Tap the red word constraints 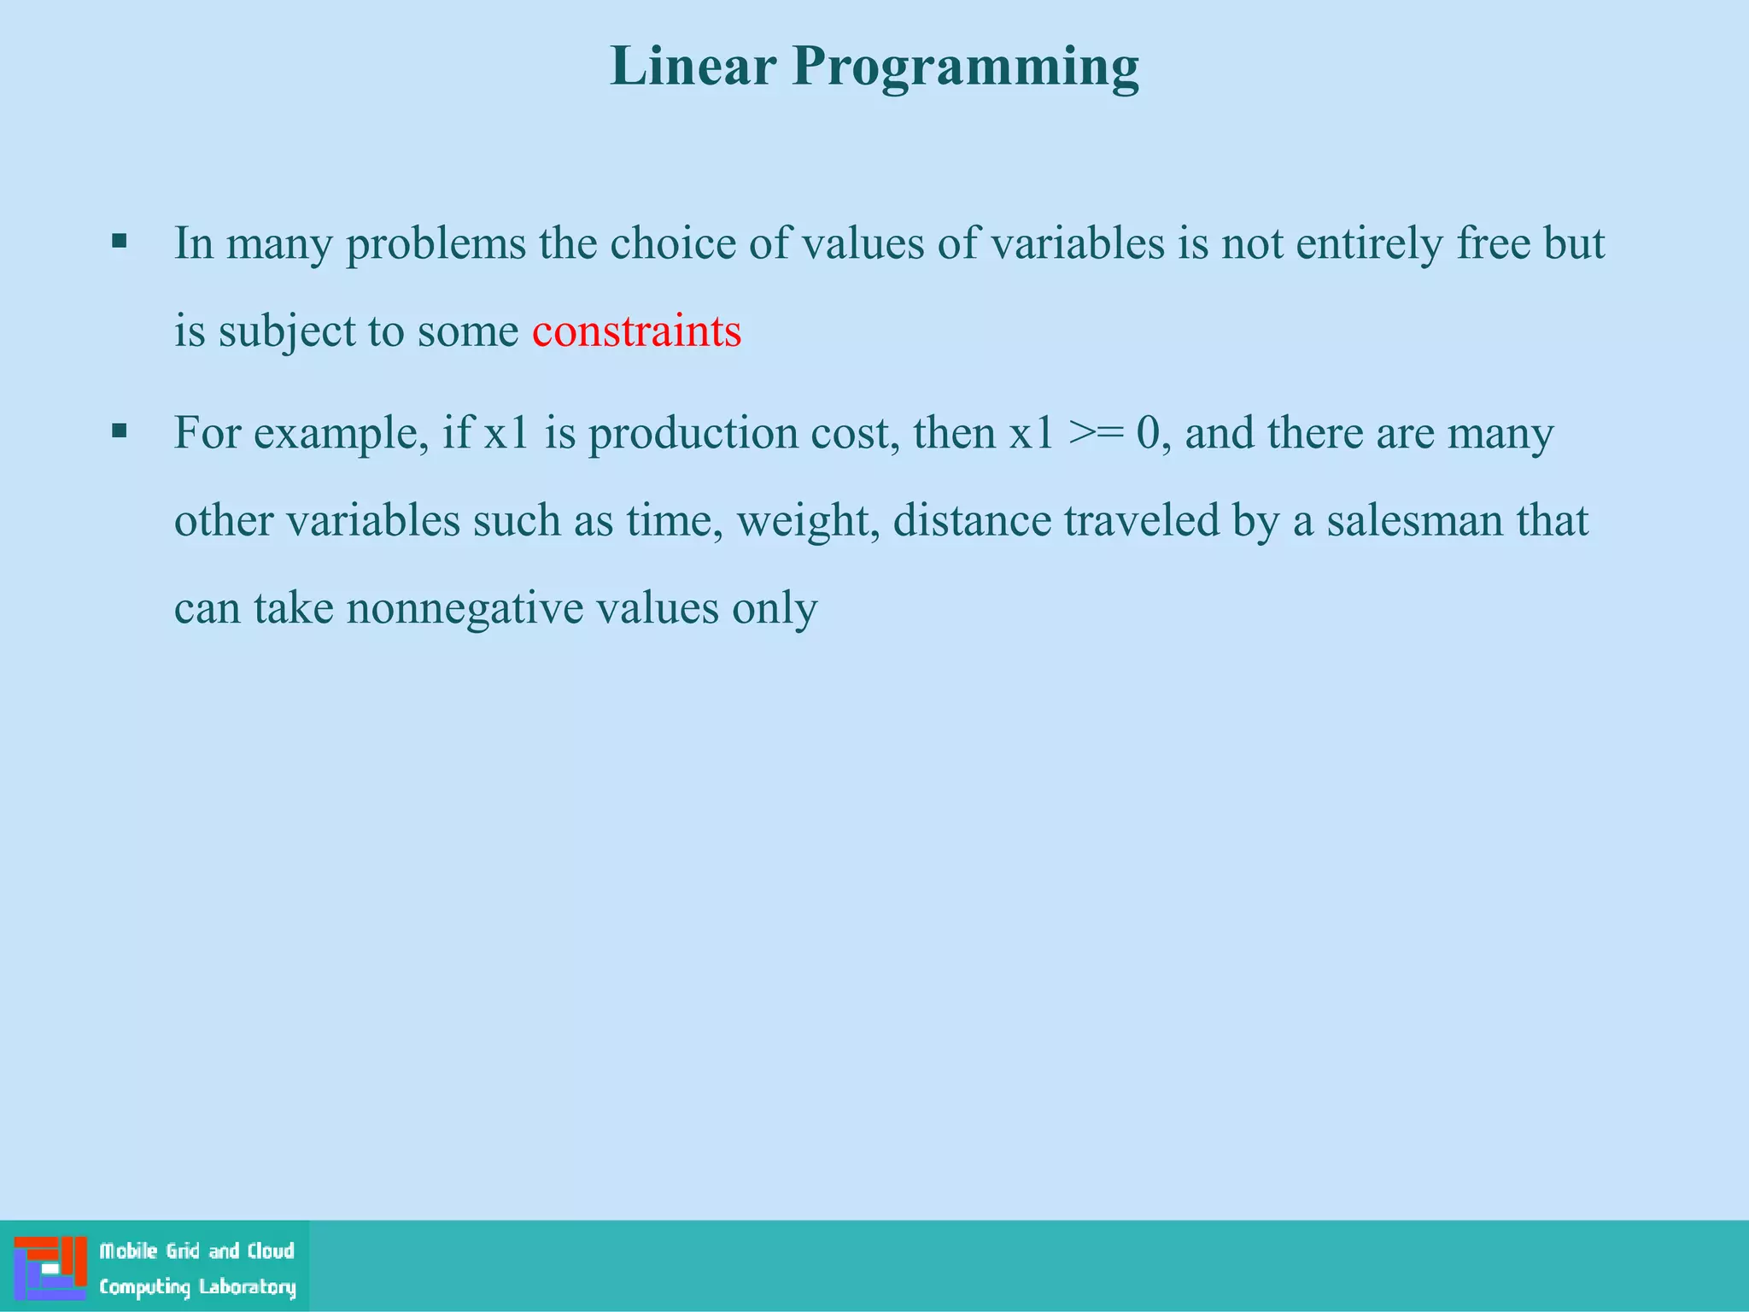click(x=636, y=331)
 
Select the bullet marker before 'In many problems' click(x=120, y=242)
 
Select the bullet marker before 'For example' click(x=120, y=430)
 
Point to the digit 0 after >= click(x=1148, y=433)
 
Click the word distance click(x=971, y=521)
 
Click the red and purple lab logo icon click(x=50, y=1268)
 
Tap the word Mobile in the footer click(x=128, y=1251)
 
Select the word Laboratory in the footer click(x=247, y=1287)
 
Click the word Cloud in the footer click(x=271, y=1251)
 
